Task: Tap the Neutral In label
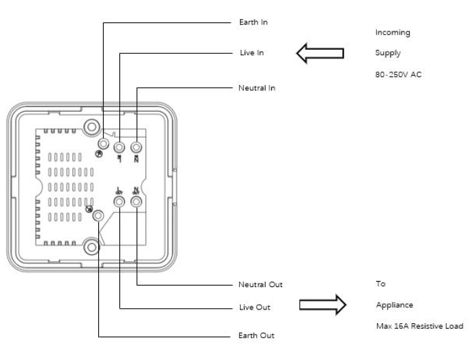pyautogui.click(x=257, y=88)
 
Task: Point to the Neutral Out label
pyautogui.click(x=260, y=284)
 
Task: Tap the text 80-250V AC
pyautogui.click(x=399, y=75)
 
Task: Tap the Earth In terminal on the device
pyautogui.click(x=103, y=143)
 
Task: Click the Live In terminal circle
pyautogui.click(x=119, y=147)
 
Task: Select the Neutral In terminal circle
pyautogui.click(x=136, y=147)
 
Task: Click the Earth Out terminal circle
pyautogui.click(x=100, y=215)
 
